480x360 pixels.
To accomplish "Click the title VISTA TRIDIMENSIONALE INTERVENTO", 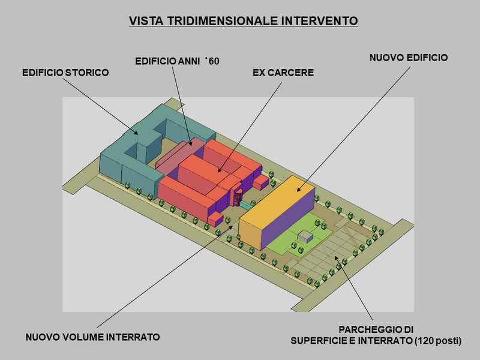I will point(244,21).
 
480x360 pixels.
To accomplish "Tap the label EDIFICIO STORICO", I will point(65,73).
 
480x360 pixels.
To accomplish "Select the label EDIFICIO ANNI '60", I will point(177,60).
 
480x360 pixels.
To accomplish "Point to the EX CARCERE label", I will point(283,73).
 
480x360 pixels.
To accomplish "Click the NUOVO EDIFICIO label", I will point(408,58).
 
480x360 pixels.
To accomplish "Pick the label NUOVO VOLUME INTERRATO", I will point(92,337).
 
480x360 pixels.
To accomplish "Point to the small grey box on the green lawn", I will point(306,236).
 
